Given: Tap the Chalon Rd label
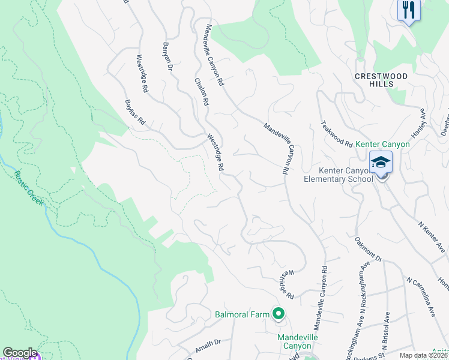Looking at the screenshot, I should [x=200, y=92].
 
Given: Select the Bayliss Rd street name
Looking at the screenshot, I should [x=135, y=112].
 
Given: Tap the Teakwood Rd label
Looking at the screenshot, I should [x=336, y=133].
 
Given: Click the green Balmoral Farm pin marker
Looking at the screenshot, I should [x=278, y=313].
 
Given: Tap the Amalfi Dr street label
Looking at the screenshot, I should [x=208, y=346].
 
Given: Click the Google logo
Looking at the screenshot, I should [x=19, y=352].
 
